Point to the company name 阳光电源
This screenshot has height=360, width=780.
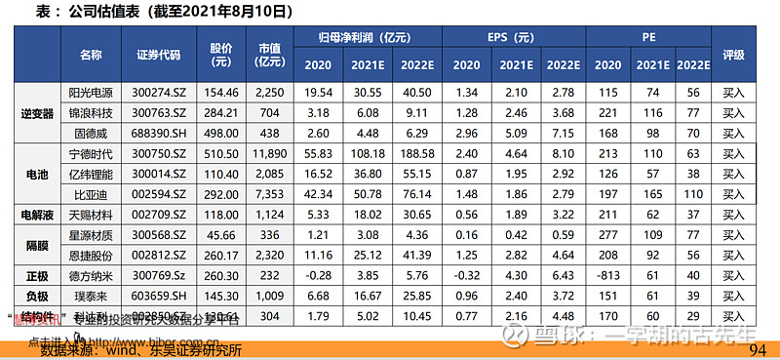(91, 92)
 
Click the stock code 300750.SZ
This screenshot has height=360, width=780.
(159, 154)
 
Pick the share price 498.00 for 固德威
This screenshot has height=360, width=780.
(220, 133)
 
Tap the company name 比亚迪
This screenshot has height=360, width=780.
(91, 195)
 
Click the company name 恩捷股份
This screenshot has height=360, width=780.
(91, 256)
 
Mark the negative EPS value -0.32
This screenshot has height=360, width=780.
(466, 276)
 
